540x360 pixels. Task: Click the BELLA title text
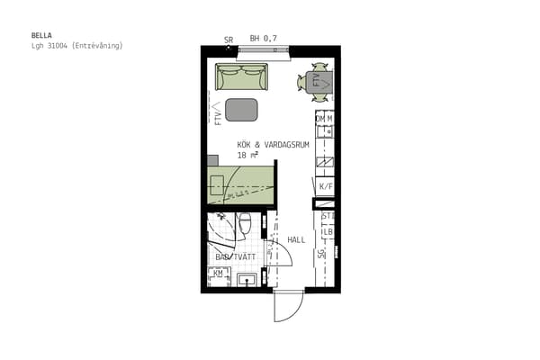[x=41, y=35]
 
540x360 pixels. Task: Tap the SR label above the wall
[x=229, y=40]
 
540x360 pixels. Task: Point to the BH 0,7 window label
[x=263, y=38]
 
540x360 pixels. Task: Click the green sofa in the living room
[x=241, y=76]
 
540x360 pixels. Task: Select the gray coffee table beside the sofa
[x=241, y=110]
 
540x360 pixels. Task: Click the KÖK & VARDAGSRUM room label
[x=273, y=145]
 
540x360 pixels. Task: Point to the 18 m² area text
[x=247, y=155]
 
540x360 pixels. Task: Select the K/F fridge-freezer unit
[x=326, y=186]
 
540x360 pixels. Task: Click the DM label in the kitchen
[x=320, y=119]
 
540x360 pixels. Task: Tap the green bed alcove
[x=240, y=184]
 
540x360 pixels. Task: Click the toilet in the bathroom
[x=245, y=225]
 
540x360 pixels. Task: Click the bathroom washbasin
[x=247, y=280]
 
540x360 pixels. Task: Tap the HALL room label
[x=296, y=239]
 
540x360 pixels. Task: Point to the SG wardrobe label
[x=321, y=254]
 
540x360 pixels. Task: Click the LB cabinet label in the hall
[x=328, y=232]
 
